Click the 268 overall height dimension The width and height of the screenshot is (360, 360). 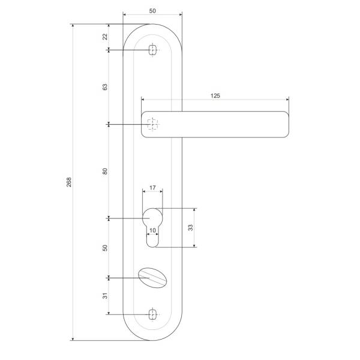69,181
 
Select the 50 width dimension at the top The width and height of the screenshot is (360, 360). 152,11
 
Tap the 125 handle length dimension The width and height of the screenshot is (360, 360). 215,96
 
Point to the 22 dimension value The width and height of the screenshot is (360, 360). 105,37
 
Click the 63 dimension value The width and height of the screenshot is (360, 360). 105,87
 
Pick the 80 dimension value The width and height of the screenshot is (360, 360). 105,171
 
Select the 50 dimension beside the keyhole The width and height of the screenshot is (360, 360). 105,247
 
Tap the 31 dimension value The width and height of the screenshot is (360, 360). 105,296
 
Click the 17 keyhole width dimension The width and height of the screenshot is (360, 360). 152,188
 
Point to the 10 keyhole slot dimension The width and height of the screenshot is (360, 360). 152,230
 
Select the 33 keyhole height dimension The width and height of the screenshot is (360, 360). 190,227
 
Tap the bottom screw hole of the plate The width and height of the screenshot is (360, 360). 152,314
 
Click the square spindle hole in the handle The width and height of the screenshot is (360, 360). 152,124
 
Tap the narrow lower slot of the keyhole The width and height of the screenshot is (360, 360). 152,239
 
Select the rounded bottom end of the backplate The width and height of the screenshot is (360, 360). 152,334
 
